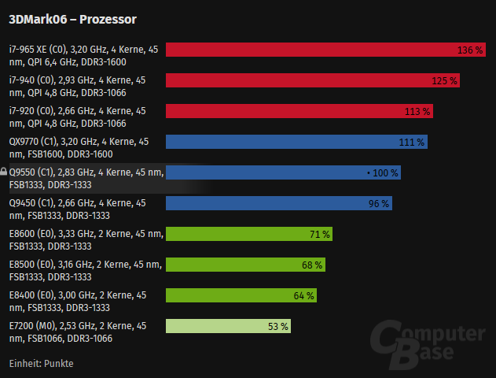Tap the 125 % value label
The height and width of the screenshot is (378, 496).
pos(444,80)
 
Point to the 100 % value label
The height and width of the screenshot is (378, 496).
pos(384,172)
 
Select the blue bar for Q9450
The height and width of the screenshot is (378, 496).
pos(275,203)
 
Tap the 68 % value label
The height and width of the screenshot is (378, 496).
pos(312,265)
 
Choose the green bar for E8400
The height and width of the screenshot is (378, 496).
pos(236,295)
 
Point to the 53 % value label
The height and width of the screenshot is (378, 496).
pos(278,326)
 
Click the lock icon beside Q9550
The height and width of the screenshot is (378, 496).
pos(4,172)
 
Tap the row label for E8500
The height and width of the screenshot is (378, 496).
pos(85,270)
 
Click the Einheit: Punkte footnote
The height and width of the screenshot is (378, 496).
pos(41,363)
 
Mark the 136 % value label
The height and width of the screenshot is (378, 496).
pos(469,50)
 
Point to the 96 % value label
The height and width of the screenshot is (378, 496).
pos(379,203)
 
